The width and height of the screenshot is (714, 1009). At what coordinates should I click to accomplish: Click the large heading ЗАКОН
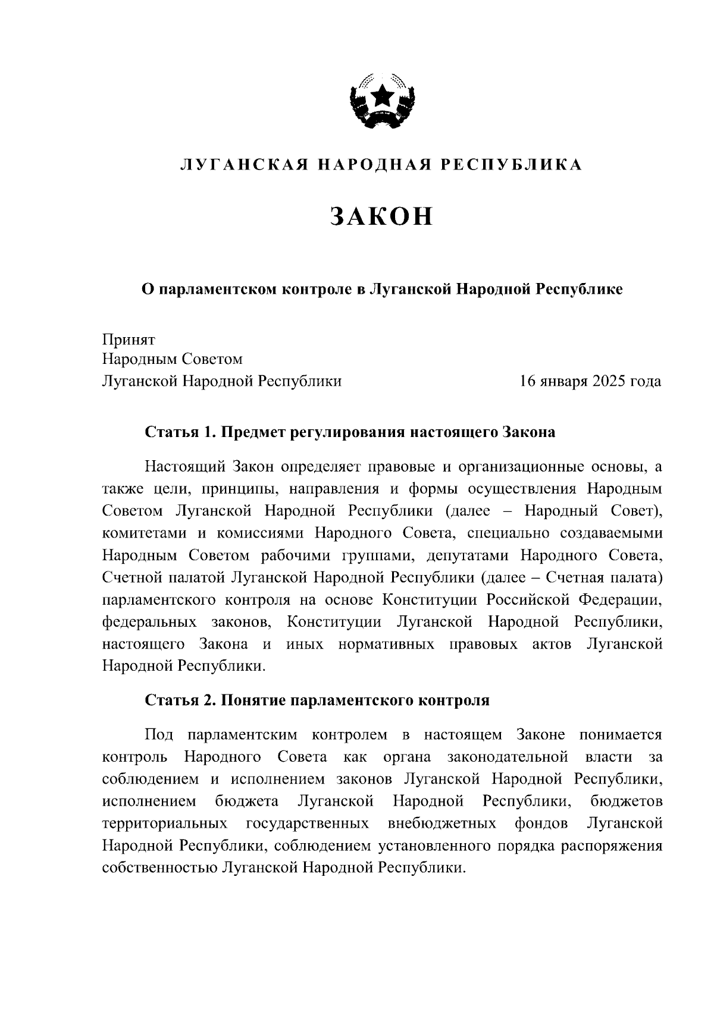tap(381, 217)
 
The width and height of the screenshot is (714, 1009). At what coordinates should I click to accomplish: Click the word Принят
tap(129, 340)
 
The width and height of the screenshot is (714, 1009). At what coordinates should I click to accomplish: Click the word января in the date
tap(563, 381)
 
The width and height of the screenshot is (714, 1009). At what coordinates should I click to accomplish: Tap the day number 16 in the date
tap(528, 381)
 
